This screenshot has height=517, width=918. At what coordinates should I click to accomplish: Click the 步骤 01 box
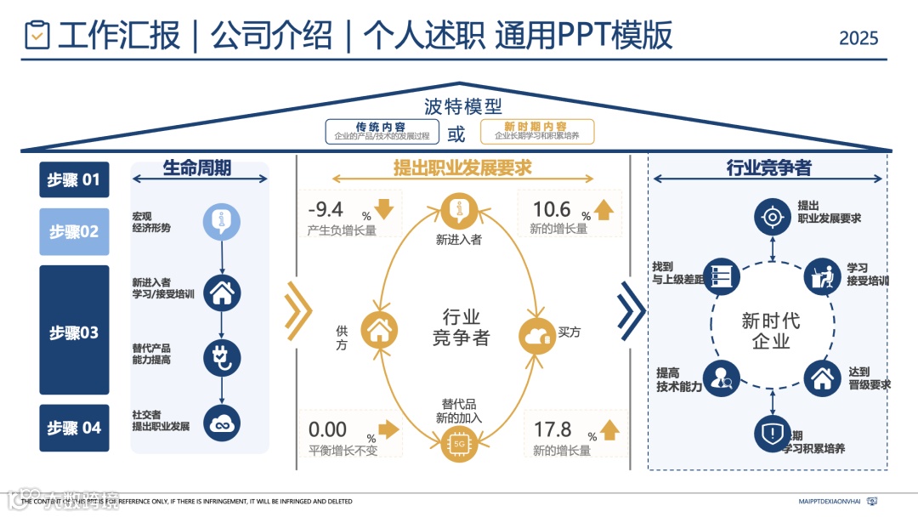click(74, 179)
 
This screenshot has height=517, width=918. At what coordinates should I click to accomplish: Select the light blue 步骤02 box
click(74, 231)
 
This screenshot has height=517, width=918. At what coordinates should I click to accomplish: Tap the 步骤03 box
click(74, 331)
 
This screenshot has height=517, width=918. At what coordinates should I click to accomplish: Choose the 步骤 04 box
click(74, 428)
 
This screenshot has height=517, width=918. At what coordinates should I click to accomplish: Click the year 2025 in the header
click(858, 38)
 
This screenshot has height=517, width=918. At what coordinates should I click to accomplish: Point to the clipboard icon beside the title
click(37, 35)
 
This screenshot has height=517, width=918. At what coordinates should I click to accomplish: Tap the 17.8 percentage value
click(552, 430)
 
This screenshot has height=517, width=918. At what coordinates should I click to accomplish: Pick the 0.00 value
click(327, 430)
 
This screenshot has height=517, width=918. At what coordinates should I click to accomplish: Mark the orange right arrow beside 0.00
click(388, 429)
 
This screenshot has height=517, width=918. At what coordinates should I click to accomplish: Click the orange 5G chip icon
click(459, 443)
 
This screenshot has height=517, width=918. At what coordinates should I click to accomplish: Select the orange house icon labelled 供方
click(379, 330)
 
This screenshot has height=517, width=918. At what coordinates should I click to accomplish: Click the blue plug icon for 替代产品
click(222, 357)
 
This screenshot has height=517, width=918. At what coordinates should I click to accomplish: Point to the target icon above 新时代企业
click(772, 217)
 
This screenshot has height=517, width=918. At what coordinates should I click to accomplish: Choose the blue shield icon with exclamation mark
click(772, 434)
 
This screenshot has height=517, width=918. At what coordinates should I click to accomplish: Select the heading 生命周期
click(197, 168)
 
